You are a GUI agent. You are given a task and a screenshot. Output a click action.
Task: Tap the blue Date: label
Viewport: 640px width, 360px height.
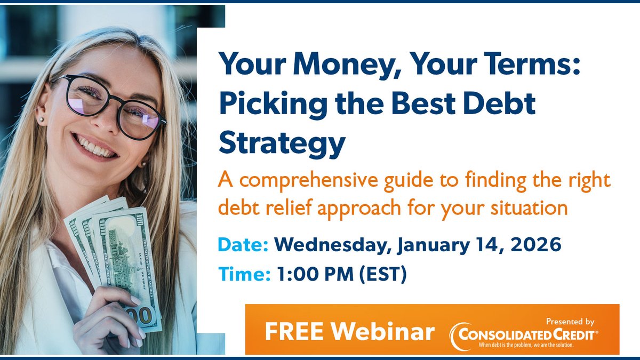coord(243,246)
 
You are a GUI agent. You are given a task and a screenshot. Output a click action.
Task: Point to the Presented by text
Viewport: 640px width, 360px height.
coord(570,322)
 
